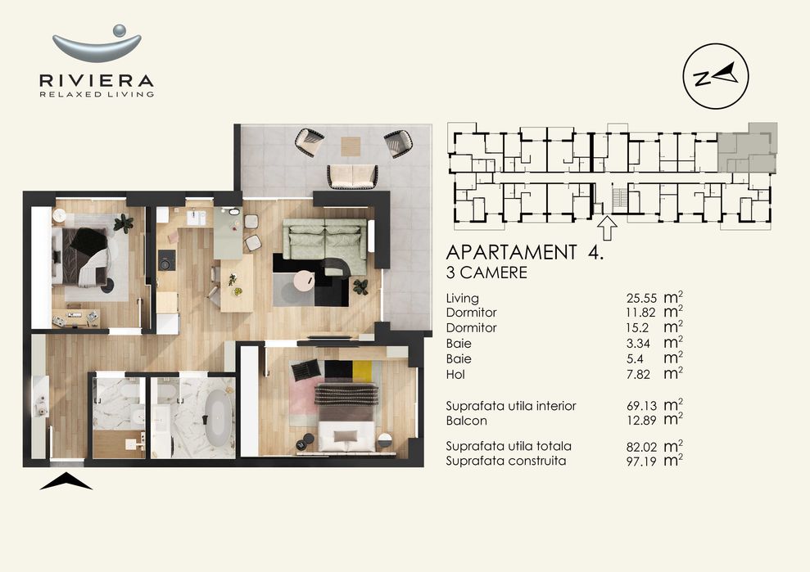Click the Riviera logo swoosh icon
97,44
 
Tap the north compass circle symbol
714,77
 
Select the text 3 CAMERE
486,273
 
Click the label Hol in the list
455,374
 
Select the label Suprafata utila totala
509,447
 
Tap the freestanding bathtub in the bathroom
217,418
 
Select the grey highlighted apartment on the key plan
746,147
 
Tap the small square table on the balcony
351,145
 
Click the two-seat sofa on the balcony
352,175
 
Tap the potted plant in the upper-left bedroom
124,222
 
